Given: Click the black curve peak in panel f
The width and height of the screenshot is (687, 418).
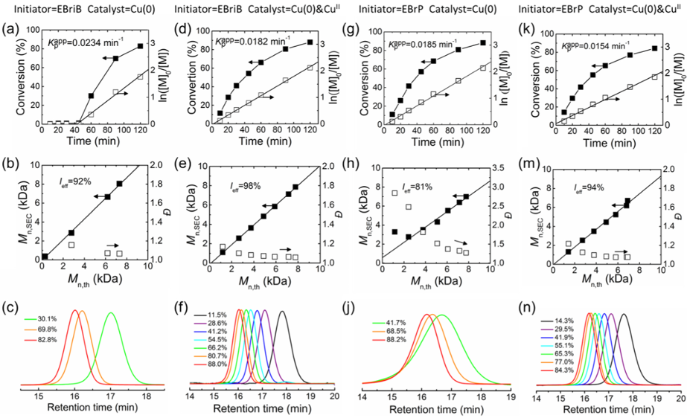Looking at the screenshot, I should pos(282,312).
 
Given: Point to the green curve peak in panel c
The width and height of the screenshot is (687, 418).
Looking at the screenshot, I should pos(111,313).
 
